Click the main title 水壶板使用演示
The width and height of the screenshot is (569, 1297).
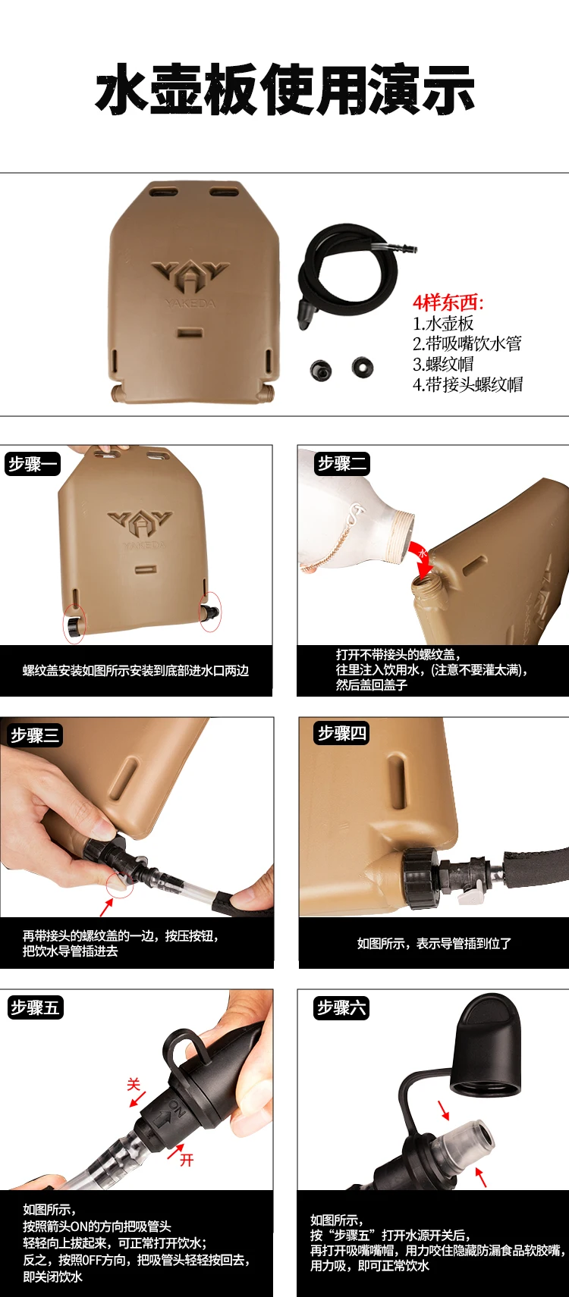[284, 89]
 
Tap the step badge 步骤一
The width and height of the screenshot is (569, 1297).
[33, 464]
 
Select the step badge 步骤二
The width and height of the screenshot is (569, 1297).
[342, 464]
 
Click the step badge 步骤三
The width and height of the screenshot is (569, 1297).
[35, 735]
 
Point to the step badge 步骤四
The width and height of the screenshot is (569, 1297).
[342, 733]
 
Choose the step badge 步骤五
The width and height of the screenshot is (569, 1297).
[36, 1007]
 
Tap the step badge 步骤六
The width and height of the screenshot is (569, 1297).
[342, 1007]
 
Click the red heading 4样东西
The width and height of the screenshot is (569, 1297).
[448, 302]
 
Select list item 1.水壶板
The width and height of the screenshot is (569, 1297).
[443, 323]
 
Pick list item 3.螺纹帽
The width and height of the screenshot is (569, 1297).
[443, 364]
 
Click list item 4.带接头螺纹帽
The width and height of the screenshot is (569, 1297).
[467, 384]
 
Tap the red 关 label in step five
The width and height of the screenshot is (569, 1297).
[134, 1084]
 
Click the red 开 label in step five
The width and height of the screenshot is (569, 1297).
[187, 1160]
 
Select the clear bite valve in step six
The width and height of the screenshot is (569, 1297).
[469, 1136]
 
